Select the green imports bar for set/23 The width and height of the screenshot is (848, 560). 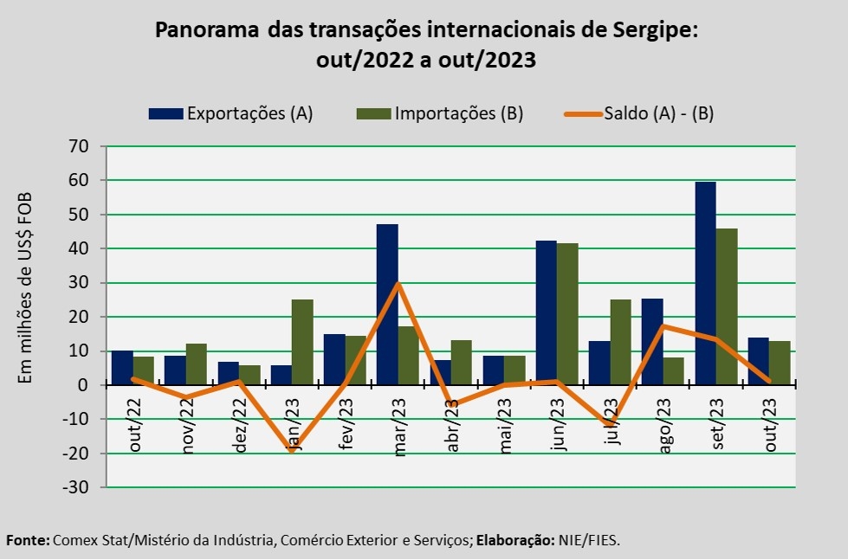[x=727, y=306]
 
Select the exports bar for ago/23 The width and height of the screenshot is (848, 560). [x=652, y=342]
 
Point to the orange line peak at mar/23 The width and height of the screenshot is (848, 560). [x=398, y=283]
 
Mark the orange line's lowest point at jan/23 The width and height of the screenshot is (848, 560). [x=292, y=450]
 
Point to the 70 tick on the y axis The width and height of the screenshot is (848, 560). [x=79, y=146]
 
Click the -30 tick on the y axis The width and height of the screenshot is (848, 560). [x=76, y=487]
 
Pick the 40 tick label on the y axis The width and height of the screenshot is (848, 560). [x=79, y=248]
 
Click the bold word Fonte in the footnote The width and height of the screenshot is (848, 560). [x=27, y=540]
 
